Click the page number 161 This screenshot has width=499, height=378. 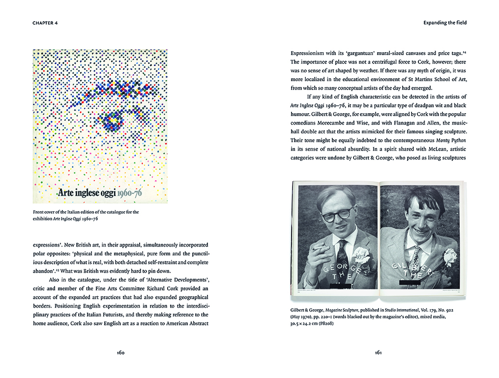coord(379,352)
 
